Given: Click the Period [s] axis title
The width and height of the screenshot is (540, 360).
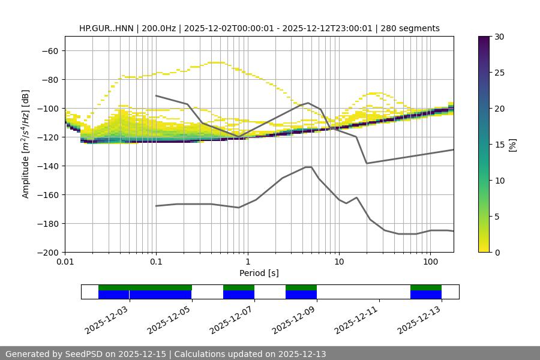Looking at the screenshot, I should click(x=259, y=273).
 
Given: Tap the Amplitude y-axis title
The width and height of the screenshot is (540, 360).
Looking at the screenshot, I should click(x=26, y=144).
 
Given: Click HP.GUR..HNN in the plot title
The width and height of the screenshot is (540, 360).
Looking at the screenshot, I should click(x=106, y=28).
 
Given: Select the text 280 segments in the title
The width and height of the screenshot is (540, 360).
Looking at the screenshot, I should click(x=414, y=28).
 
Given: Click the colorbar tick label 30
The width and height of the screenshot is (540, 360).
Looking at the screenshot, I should click(x=499, y=37).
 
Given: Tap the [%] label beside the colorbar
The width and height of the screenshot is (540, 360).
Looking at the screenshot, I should click(x=512, y=145).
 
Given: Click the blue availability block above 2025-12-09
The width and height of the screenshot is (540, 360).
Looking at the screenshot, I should click(x=301, y=295).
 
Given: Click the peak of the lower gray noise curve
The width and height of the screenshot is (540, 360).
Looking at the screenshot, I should click(x=308, y=167).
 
